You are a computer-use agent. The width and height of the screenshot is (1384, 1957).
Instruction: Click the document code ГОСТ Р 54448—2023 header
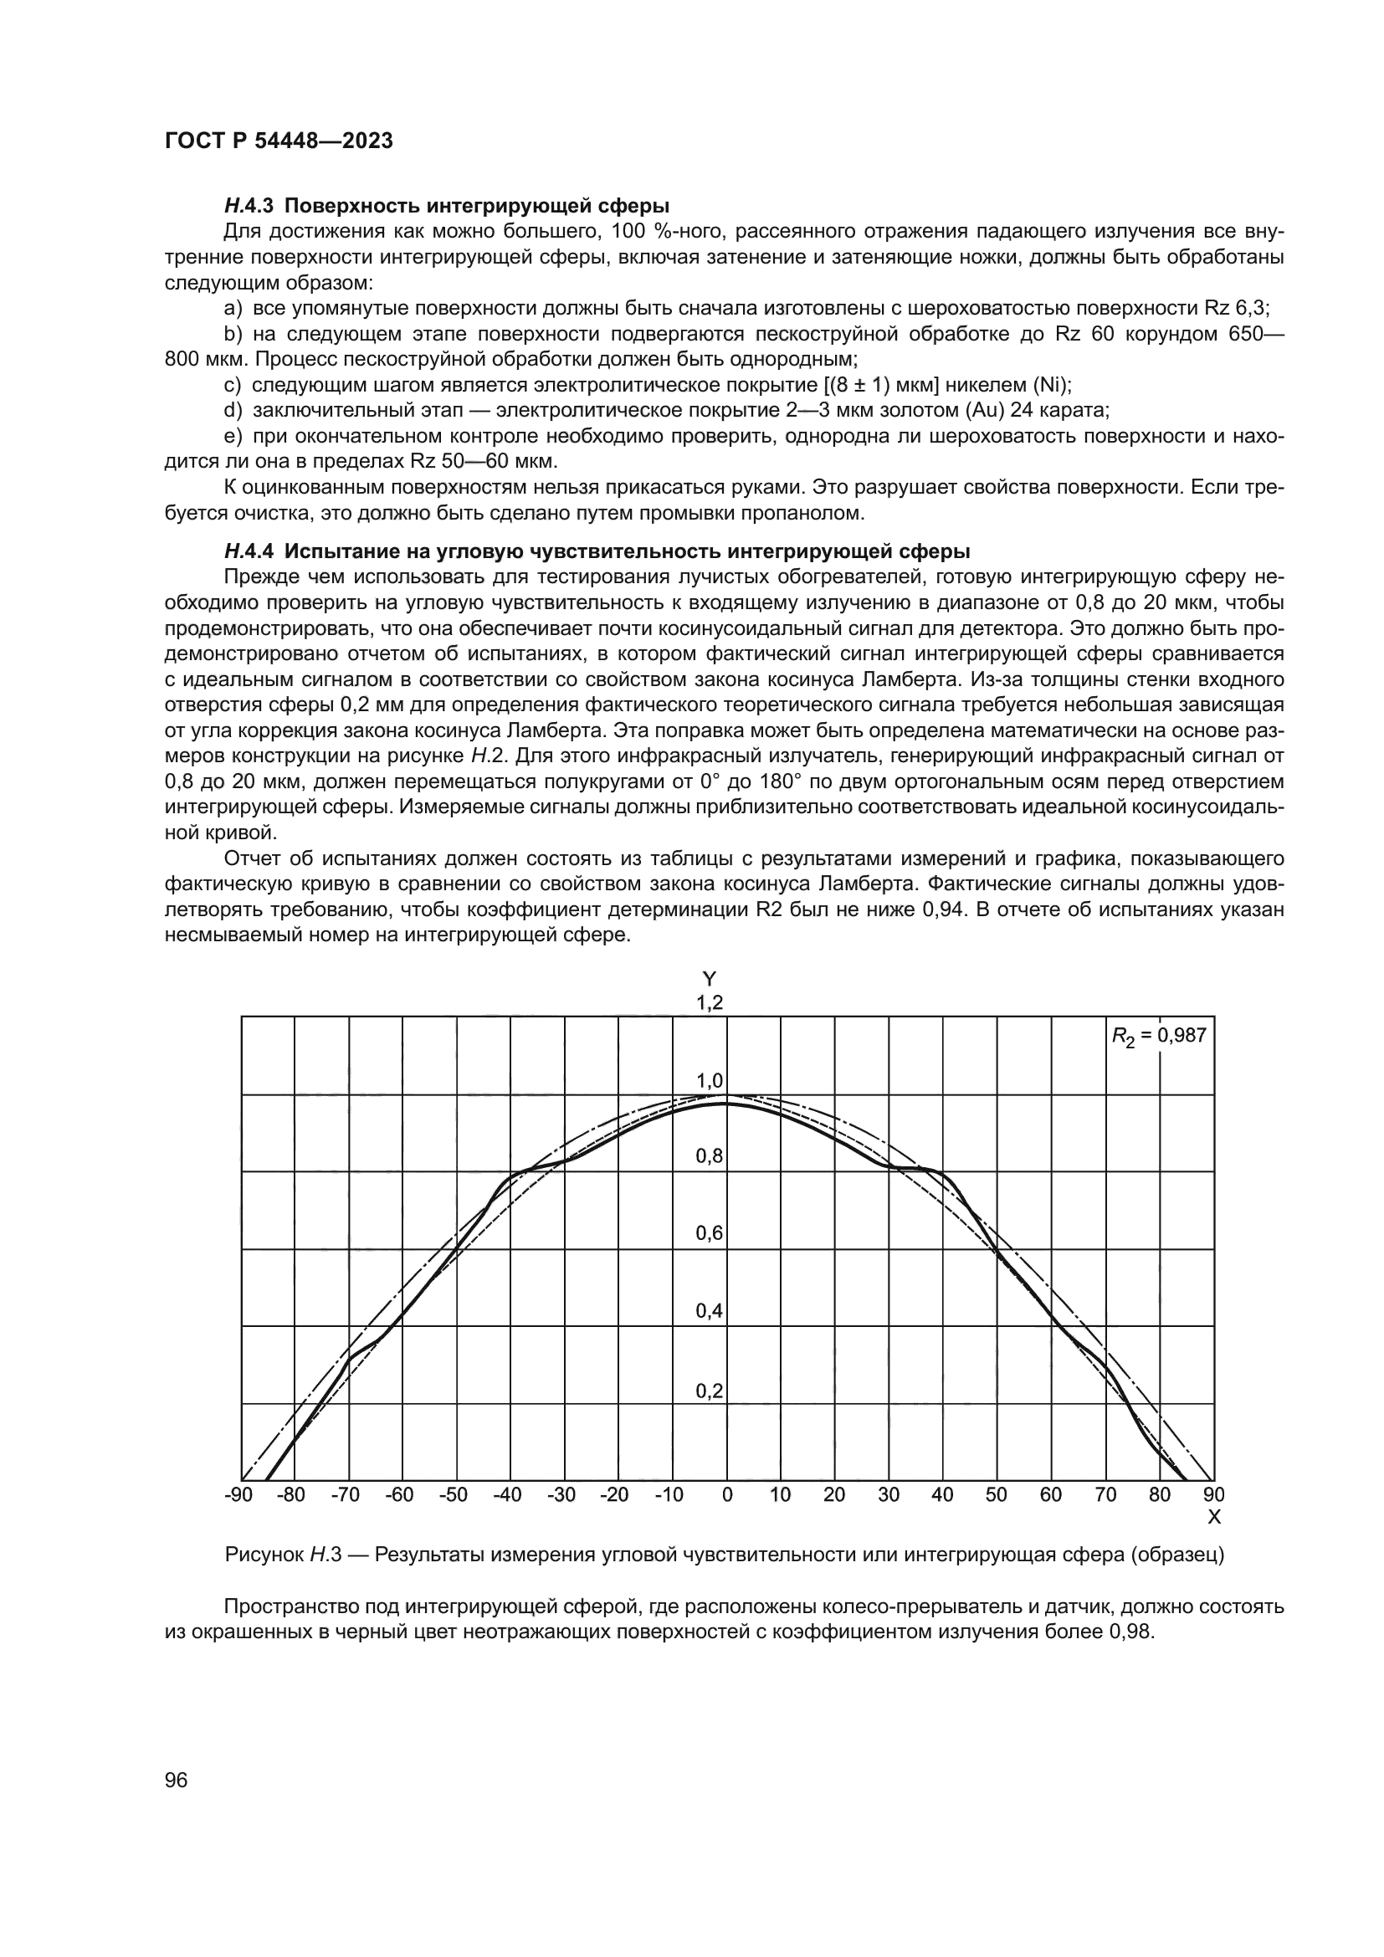[279, 141]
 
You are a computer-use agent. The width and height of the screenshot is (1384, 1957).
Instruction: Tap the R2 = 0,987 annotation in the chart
[1159, 1036]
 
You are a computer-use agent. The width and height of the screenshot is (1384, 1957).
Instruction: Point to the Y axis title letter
[709, 980]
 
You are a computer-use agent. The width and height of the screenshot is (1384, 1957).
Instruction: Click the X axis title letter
[1214, 1516]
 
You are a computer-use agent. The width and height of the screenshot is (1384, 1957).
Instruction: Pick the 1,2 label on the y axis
[709, 1003]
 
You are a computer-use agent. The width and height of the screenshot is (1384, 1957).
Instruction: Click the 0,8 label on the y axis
[709, 1156]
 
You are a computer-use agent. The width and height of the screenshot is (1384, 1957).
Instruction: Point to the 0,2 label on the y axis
[709, 1391]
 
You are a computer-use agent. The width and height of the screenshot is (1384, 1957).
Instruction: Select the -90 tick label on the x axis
[238, 1494]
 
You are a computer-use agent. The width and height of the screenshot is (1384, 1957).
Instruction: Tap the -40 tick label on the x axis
[507, 1494]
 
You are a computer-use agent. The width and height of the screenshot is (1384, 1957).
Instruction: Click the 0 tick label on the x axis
[727, 1494]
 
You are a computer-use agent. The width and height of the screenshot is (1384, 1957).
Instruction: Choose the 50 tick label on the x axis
[997, 1494]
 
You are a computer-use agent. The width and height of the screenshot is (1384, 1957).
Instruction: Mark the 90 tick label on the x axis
[1213, 1494]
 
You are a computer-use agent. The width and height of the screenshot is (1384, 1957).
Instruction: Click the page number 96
[176, 1780]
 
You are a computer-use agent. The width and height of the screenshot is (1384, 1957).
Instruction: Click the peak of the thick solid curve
[726, 1103]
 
